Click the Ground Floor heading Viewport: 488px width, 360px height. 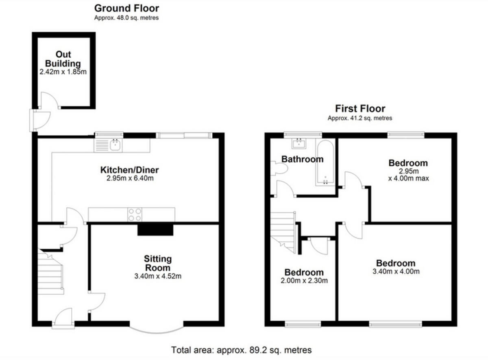pyautogui.click(x=126, y=8)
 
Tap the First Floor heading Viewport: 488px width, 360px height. pyautogui.click(x=360, y=108)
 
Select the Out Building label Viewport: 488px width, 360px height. pyautogui.click(x=63, y=59)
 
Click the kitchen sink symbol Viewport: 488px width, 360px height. pyautogui.click(x=115, y=144)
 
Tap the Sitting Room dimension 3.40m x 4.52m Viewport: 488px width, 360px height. pyautogui.click(x=157, y=277)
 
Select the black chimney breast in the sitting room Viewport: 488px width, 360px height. pyautogui.click(x=155, y=229)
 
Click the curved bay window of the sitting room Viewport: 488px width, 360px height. pyautogui.click(x=157, y=328)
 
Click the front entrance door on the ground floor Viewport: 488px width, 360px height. pyautogui.click(x=63, y=317)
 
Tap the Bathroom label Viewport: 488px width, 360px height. pyautogui.click(x=302, y=159)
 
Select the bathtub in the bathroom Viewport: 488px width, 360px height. pyautogui.click(x=325, y=163)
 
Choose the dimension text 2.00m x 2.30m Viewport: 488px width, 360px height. pyautogui.click(x=304, y=280)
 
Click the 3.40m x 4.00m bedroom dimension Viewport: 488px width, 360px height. pyautogui.click(x=395, y=271)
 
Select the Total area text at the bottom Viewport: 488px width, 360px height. pyautogui.click(x=242, y=350)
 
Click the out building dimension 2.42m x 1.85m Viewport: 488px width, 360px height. pyautogui.click(x=63, y=72)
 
